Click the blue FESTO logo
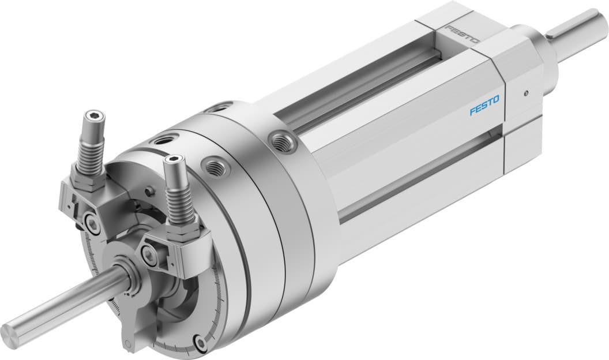tap(484, 106)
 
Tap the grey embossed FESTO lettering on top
tap(463, 34)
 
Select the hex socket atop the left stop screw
tap(95, 119)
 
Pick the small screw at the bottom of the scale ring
tap(200, 342)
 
